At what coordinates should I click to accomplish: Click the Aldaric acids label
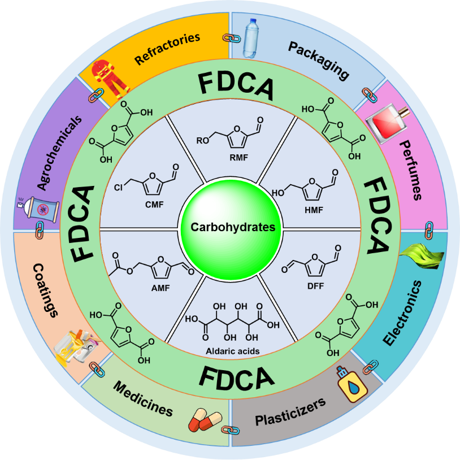[232, 351]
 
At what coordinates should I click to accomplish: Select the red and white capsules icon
[205, 420]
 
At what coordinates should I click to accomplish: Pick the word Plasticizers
[290, 413]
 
